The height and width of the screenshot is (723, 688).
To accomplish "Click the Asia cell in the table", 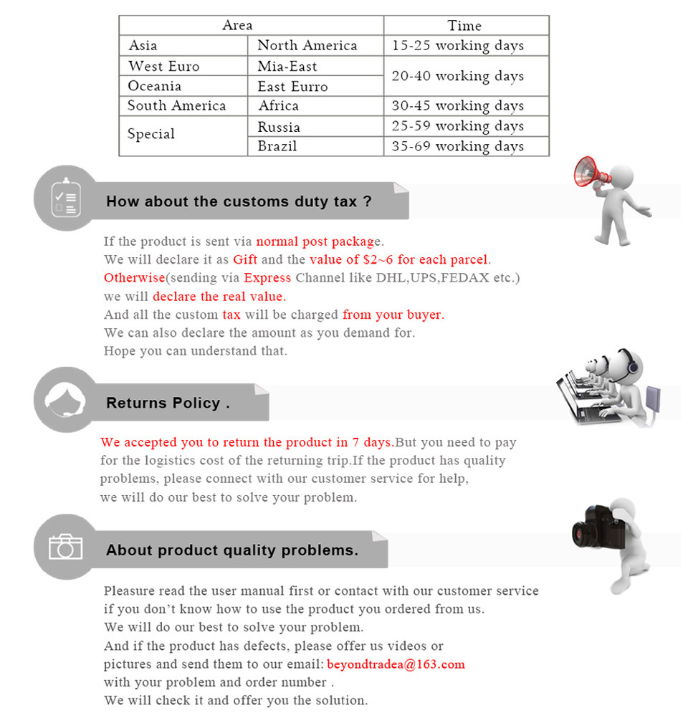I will (x=143, y=46).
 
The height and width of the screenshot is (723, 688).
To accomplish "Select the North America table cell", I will (x=307, y=46).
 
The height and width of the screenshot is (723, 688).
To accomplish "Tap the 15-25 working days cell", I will (x=457, y=46).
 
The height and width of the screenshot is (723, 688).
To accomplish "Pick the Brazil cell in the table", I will (x=277, y=146).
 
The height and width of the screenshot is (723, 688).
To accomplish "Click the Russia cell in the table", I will (x=279, y=127).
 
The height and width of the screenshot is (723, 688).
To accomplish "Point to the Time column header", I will (x=464, y=26).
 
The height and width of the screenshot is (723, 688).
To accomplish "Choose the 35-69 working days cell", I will (x=457, y=146).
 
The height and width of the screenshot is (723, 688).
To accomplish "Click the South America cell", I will (x=176, y=106).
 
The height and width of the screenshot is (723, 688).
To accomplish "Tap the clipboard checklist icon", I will (x=64, y=198).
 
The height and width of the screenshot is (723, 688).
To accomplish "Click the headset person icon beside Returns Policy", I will (x=65, y=400).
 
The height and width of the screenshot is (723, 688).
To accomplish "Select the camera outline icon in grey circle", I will (x=65, y=547).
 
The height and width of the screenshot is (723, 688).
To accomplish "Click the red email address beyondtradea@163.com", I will (x=396, y=664).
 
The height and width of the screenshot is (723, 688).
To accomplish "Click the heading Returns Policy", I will (x=168, y=403).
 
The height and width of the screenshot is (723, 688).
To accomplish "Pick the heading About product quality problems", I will (x=231, y=551).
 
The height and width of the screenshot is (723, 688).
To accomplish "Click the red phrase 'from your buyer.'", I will (x=393, y=315).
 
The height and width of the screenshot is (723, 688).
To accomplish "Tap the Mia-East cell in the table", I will (x=287, y=67).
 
